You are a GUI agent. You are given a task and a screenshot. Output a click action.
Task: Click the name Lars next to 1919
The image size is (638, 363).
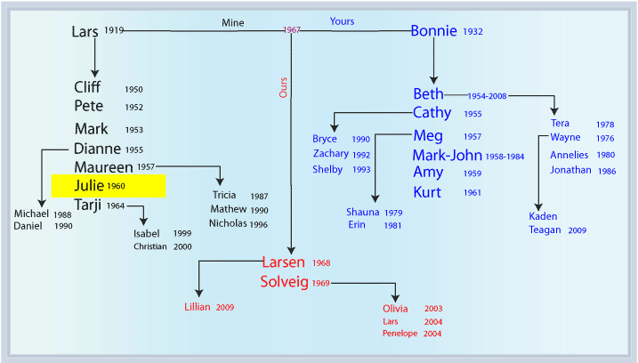pyautogui.click(x=85, y=32)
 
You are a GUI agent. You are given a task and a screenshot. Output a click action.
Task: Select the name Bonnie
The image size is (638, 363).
pyautogui.click(x=433, y=31)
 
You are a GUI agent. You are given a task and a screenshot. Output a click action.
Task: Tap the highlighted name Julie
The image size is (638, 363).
pyautogui.click(x=89, y=186)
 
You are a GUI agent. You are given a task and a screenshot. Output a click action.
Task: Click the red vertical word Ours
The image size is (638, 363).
pyautogui.click(x=283, y=87)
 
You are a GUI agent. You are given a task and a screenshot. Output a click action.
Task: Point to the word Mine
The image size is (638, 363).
pyautogui.click(x=233, y=23)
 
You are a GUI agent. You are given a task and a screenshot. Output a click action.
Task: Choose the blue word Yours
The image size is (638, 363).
pyautogui.click(x=342, y=21)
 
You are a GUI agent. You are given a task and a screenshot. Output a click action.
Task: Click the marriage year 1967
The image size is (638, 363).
pyautogui.click(x=292, y=29)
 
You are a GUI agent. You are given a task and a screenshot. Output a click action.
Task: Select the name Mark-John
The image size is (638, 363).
pyautogui.click(x=448, y=155)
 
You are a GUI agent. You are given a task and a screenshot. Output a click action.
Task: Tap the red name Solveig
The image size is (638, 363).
pyautogui.click(x=284, y=282)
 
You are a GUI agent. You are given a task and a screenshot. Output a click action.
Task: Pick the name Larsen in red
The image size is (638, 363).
pyautogui.click(x=283, y=262)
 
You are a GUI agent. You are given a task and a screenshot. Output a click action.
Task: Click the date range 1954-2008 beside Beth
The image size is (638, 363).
pyautogui.click(x=487, y=96)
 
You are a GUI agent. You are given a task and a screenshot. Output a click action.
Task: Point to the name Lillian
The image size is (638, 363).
pyautogui.click(x=198, y=307)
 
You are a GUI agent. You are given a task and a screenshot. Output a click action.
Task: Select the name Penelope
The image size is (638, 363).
pyautogui.click(x=400, y=334)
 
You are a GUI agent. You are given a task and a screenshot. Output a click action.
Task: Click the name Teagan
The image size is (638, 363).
pyautogui.click(x=545, y=230)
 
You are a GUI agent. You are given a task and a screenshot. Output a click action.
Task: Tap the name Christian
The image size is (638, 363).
pyautogui.click(x=150, y=246)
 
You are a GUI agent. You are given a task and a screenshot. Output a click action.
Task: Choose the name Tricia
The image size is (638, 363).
pyautogui.click(x=224, y=195)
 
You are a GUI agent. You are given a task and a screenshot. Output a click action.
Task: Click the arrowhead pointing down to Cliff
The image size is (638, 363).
pyautogui.click(x=95, y=73)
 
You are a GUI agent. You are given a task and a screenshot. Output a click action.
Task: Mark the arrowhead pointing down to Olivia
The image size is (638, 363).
pyautogui.click(x=395, y=298)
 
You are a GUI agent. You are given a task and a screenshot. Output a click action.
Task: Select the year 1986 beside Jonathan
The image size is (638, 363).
pyautogui.click(x=607, y=172)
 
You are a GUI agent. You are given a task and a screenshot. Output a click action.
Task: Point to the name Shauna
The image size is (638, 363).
pyautogui.click(x=362, y=212)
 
